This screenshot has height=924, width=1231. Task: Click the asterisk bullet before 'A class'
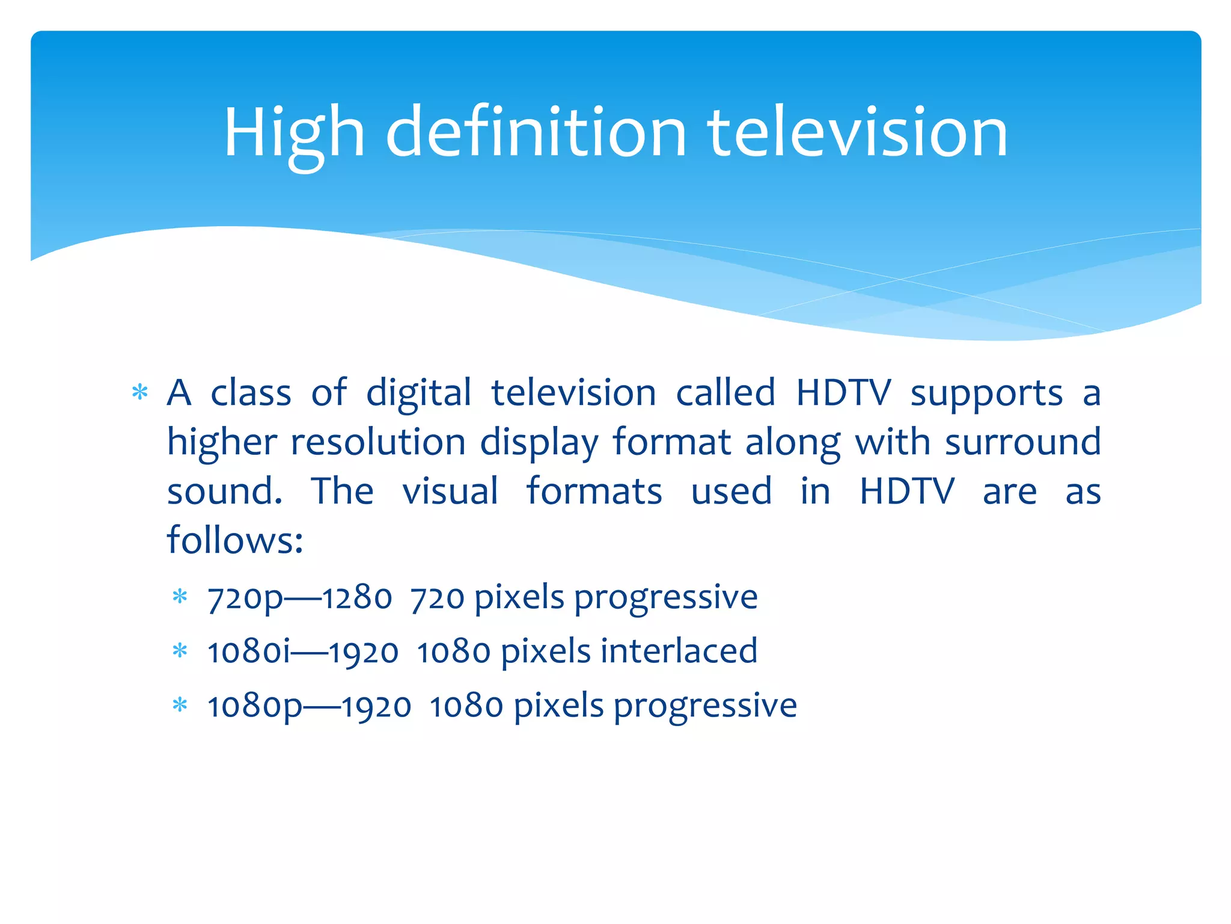tap(140, 393)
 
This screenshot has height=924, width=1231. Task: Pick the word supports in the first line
tap(986, 394)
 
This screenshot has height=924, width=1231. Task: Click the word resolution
tap(378, 442)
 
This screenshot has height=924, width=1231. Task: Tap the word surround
tap(1022, 442)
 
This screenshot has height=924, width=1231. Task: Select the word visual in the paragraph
tap(450, 491)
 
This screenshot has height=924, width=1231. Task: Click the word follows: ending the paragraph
tap(235, 540)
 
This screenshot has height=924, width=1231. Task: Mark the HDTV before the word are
tap(906, 491)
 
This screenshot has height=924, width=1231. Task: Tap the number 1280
tap(357, 599)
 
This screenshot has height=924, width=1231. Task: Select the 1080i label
tap(248, 652)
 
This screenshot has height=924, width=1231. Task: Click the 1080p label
tap(255, 706)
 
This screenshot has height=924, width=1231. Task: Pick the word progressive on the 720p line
tap(665, 599)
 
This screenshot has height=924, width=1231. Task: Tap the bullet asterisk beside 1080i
tap(180, 651)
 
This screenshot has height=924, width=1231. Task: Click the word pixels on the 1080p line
tap(558, 706)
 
